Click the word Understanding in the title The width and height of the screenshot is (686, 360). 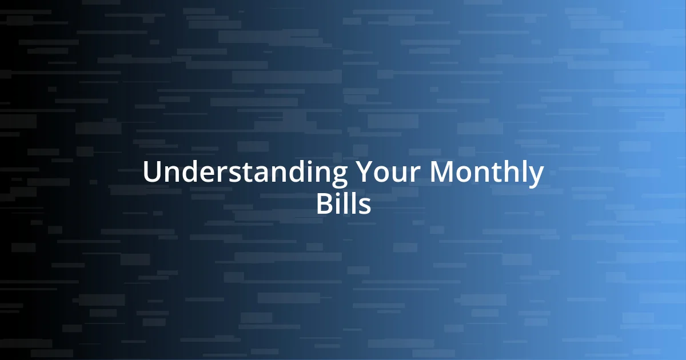click(245, 173)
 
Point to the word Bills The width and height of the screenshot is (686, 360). click(343, 205)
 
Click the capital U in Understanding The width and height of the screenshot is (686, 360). click(151, 173)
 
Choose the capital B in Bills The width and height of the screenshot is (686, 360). click(324, 205)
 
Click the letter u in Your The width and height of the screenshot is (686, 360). click(394, 175)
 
